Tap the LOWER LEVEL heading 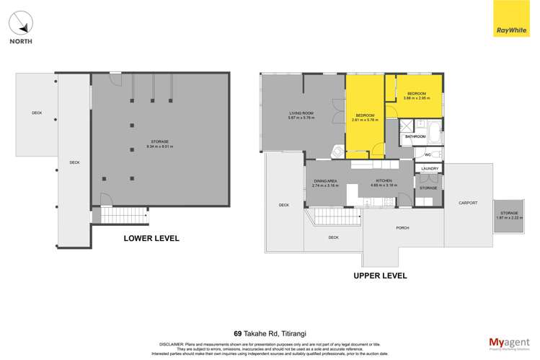[151, 238]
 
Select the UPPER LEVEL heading [380, 276]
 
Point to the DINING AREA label [326, 181]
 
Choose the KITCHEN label [384, 181]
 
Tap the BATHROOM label [415, 136]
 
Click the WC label [427, 154]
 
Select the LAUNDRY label [428, 169]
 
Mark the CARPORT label [468, 203]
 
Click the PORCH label [402, 228]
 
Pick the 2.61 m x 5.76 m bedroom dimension [366, 120]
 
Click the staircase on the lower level [122, 214]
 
